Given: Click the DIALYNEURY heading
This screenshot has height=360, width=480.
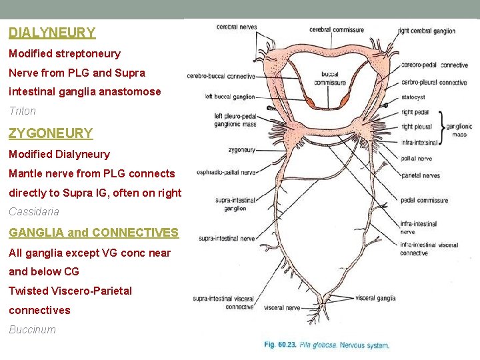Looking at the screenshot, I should click(x=52, y=32).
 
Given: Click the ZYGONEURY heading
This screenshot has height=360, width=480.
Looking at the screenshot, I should click(x=51, y=133).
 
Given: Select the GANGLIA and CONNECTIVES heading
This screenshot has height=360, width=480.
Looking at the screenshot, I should click(x=93, y=233).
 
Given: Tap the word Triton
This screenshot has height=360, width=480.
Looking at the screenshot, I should click(x=22, y=111).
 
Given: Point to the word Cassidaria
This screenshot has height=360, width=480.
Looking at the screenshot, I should click(x=34, y=211).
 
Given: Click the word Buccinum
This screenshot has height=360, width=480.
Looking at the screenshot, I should click(x=32, y=329).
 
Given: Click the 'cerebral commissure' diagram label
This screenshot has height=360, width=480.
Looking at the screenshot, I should click(x=337, y=29).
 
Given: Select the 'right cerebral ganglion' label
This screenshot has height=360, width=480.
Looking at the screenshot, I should click(x=427, y=31).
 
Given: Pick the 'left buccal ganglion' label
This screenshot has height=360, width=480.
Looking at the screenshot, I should click(x=230, y=97).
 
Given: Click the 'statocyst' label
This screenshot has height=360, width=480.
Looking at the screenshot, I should click(x=413, y=97).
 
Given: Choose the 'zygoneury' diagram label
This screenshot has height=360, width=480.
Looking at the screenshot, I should click(x=241, y=151).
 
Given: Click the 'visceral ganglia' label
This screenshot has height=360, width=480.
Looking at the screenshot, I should click(x=375, y=298).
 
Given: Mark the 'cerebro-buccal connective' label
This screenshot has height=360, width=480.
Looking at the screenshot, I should click(x=222, y=76).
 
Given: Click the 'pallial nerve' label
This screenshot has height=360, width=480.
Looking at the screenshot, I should click(x=416, y=159).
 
